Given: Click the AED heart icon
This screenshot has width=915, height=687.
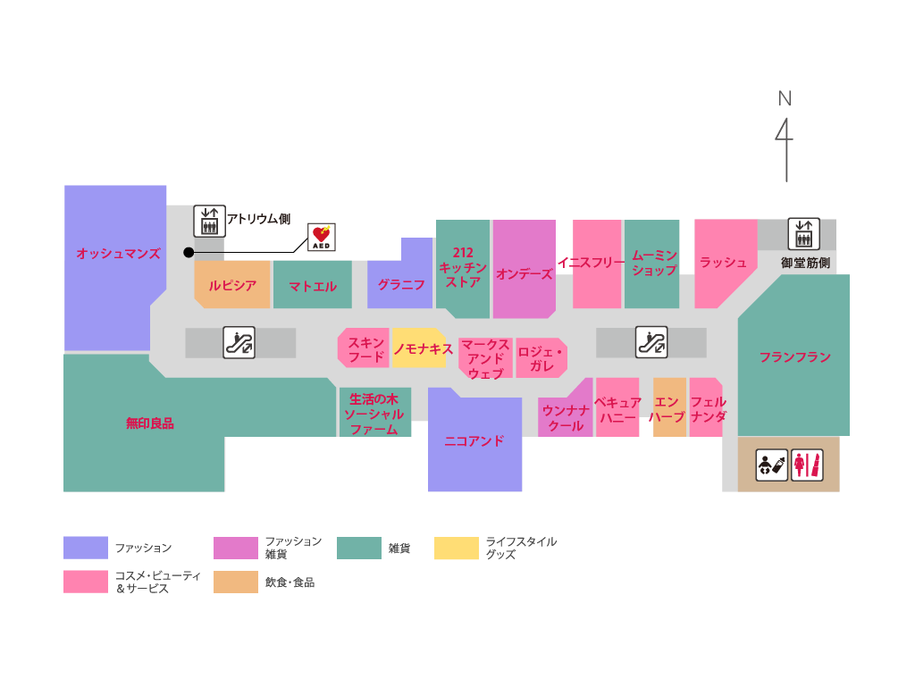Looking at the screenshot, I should pos(322,237).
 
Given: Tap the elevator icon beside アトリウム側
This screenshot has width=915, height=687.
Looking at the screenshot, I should pos(209,221).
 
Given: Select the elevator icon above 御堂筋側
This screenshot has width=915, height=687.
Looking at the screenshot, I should pos(803,234).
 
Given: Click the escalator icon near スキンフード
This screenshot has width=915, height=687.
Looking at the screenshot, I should pos(239,342).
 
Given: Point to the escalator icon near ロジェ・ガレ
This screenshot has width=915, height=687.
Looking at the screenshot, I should pos(651,342).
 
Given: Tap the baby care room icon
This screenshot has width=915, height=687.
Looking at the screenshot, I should pos(772,465).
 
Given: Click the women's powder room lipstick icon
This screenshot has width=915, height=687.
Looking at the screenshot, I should pos(808,465).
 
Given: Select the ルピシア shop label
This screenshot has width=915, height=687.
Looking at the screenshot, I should pos(232,286).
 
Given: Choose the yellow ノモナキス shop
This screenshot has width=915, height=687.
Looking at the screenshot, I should pos(420,349).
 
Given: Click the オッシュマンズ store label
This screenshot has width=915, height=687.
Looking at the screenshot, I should pos(118,254).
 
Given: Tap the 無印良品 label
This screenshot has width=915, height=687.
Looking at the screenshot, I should pos(149,423).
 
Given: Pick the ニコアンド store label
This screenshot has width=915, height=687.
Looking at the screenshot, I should pos(474,440).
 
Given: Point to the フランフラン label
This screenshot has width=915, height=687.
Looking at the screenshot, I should pos(794,357).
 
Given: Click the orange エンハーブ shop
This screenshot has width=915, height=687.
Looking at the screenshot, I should pos(669,410).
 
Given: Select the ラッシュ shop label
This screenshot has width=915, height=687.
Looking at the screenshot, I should pos(723,262).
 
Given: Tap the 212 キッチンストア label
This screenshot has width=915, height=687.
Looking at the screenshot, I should pos(463,267).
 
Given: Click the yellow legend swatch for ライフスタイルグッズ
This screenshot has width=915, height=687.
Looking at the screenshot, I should pos(457,549).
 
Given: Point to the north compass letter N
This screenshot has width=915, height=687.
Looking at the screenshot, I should pos(785,98).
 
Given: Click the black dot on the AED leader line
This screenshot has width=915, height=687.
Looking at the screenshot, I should pos(189,253).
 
